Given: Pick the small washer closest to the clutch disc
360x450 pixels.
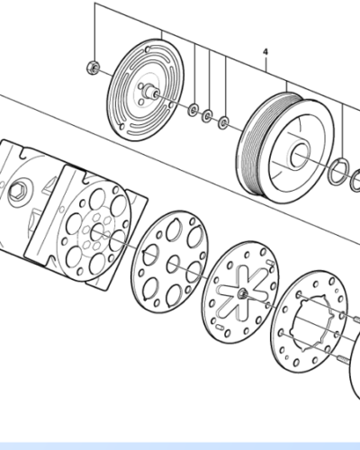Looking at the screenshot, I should tap(193, 110).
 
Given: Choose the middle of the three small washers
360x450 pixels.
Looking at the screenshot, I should tap(208, 115).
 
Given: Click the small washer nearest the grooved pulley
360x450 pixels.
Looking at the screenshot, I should tap(224, 121).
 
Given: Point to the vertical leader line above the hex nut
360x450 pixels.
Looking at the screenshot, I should tap(94, 36).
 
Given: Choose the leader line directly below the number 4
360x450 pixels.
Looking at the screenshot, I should tap(265, 76).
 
